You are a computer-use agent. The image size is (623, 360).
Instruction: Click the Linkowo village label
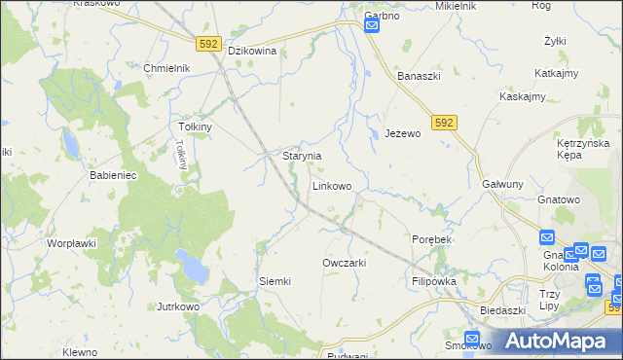(332, 185)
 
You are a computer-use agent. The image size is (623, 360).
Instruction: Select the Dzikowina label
(253, 51)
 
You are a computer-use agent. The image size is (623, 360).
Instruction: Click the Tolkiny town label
(196, 126)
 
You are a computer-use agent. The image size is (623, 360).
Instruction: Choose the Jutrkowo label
(178, 306)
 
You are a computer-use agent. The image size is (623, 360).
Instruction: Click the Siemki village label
(275, 281)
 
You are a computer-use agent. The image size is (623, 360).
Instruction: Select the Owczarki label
(344, 263)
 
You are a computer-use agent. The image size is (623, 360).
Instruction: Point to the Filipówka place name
(434, 280)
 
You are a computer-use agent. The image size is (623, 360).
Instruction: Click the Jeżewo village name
(402, 133)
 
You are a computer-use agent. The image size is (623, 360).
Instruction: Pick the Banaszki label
(421, 74)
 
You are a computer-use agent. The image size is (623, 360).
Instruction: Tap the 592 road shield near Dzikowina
(208, 44)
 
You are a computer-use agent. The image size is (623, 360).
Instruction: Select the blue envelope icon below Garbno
(372, 28)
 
